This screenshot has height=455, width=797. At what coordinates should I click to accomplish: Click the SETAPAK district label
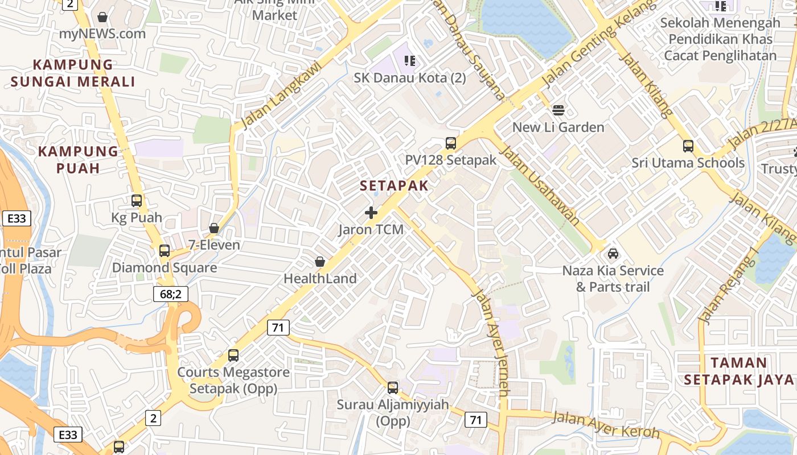click(x=394, y=185)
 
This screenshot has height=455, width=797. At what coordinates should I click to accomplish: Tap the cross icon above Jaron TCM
click(x=371, y=213)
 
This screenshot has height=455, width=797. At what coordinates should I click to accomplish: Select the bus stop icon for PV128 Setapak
click(x=451, y=143)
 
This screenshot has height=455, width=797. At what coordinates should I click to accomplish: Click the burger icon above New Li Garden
click(x=558, y=110)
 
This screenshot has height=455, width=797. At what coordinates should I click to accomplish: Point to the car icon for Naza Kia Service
click(x=613, y=254)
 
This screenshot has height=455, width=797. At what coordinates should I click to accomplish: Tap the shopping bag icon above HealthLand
click(x=320, y=262)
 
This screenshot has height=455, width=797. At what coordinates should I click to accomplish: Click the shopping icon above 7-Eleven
click(x=214, y=229)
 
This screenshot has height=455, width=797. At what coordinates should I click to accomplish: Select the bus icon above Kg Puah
click(x=137, y=200)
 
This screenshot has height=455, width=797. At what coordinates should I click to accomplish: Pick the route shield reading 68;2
click(x=170, y=294)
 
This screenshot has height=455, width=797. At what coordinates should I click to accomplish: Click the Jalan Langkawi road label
click(x=281, y=95)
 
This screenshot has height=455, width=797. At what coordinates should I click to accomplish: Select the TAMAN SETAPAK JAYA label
click(x=739, y=371)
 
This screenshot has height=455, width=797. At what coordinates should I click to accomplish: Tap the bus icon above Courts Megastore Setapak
click(x=233, y=355)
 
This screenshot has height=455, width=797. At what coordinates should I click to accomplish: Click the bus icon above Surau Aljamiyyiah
click(x=393, y=388)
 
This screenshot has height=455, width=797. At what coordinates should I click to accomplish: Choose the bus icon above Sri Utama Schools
click(x=688, y=146)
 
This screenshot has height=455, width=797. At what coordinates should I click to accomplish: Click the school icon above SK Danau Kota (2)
click(x=410, y=60)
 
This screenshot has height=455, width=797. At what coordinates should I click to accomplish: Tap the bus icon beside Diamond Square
click(x=165, y=250)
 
